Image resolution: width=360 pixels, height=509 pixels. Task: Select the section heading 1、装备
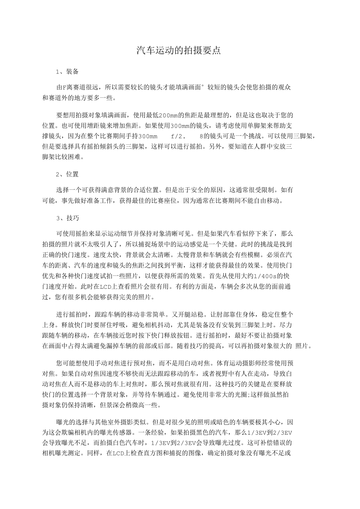pyautogui.click(x=67, y=71)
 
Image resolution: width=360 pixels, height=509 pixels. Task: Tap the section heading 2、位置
pyautogui.click(x=67, y=174)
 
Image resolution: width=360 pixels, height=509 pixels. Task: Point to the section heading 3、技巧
pyautogui.click(x=67, y=218)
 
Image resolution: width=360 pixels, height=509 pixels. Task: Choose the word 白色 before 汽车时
pyautogui.click(x=120, y=443)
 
